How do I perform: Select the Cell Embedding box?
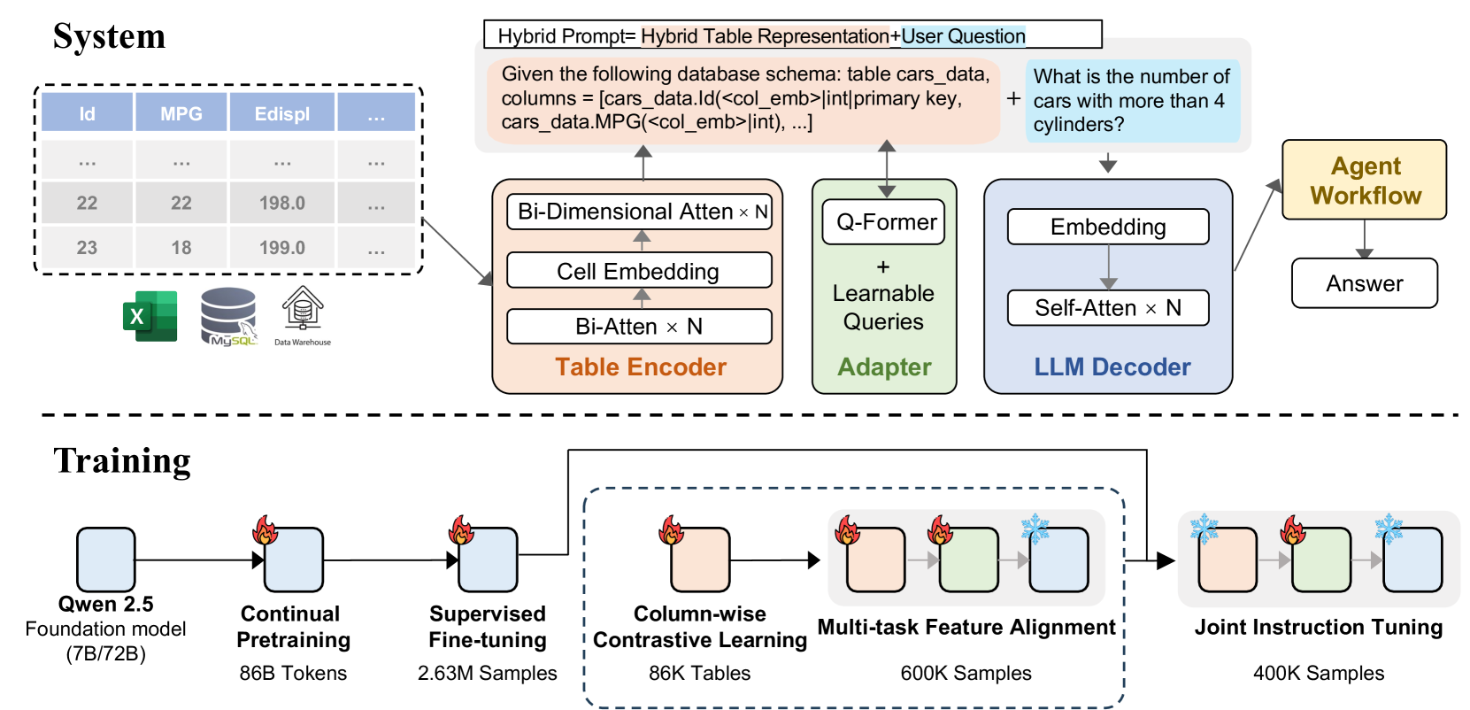[x=638, y=271]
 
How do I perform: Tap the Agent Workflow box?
[x=1364, y=180]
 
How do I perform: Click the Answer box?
[x=1364, y=283]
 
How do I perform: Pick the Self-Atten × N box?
[x=1108, y=308]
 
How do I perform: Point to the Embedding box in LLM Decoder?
[x=1108, y=227]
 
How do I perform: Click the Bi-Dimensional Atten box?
[x=640, y=212]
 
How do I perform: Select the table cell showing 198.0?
[x=282, y=203]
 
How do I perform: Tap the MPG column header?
[x=181, y=113]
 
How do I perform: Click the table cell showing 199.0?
[x=282, y=248]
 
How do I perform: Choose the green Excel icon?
[x=150, y=316]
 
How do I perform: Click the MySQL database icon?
[x=229, y=316]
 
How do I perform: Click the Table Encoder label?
[x=641, y=367]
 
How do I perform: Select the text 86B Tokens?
[x=293, y=673]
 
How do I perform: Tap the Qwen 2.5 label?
[x=105, y=604]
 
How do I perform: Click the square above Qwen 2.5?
[x=105, y=560]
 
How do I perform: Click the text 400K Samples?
[x=1319, y=673]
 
